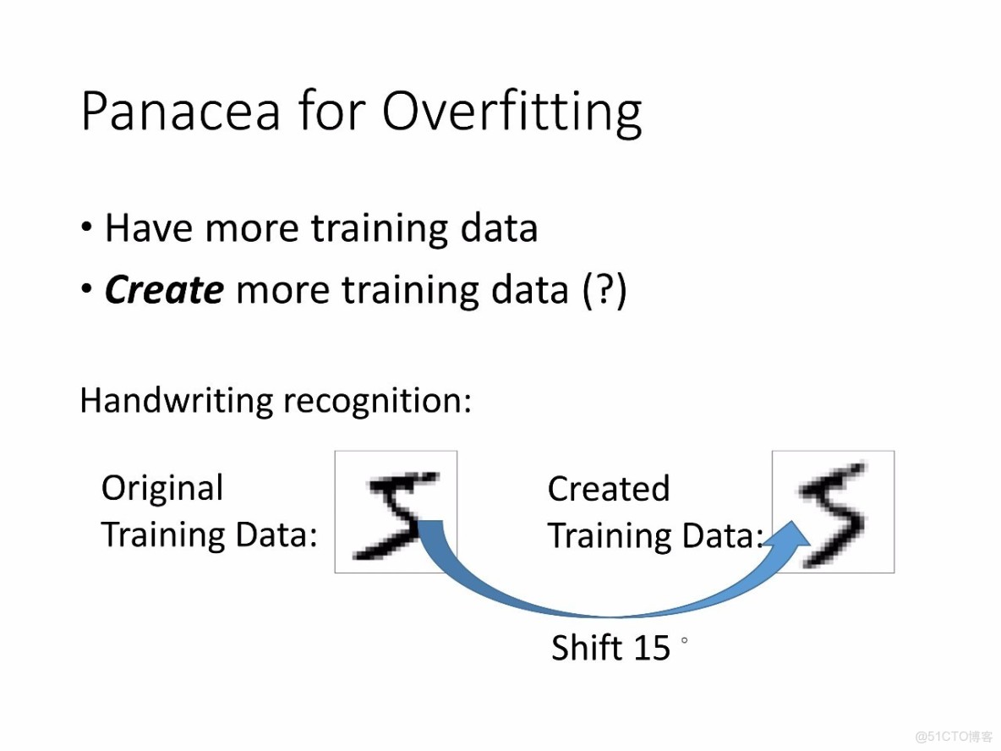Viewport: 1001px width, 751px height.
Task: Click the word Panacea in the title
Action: tap(181, 111)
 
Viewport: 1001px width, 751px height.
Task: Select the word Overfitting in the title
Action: tap(511, 112)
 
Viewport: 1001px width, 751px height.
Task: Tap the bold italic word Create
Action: tap(164, 290)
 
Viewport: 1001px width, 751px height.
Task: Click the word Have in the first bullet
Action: tap(149, 228)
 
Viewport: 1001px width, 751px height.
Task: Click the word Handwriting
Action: tap(176, 401)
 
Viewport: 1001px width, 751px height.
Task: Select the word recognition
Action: tap(377, 402)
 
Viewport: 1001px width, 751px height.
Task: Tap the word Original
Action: tap(162, 489)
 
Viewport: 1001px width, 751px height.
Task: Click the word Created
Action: tap(609, 489)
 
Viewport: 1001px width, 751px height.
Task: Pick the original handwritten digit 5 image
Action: tap(396, 512)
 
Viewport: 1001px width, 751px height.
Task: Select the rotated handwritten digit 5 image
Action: tap(833, 512)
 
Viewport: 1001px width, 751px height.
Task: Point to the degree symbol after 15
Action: tap(684, 640)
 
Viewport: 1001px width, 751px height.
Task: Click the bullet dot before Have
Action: tap(87, 227)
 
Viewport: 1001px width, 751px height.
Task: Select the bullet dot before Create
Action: tap(87, 289)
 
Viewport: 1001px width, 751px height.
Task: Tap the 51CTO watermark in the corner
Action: tap(953, 737)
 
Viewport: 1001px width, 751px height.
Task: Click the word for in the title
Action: tap(331, 111)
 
